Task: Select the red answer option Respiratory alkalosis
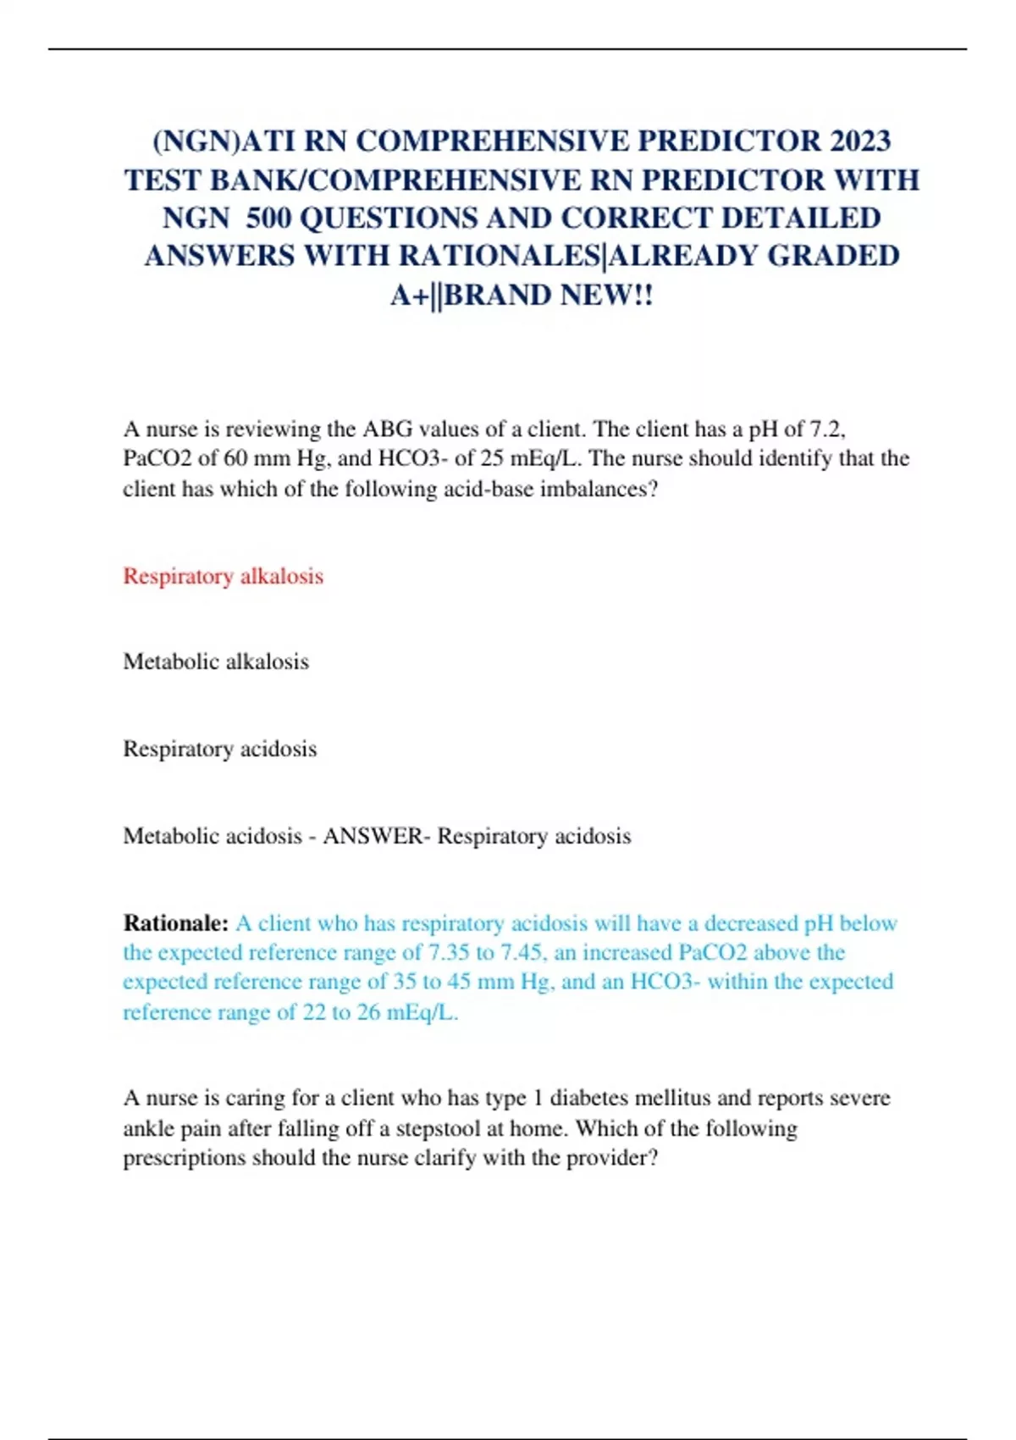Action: tap(224, 576)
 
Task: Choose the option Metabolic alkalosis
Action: tap(216, 662)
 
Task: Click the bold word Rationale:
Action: tap(176, 923)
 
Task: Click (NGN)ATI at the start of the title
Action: tap(224, 141)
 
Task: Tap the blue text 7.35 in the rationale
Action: tap(449, 953)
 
